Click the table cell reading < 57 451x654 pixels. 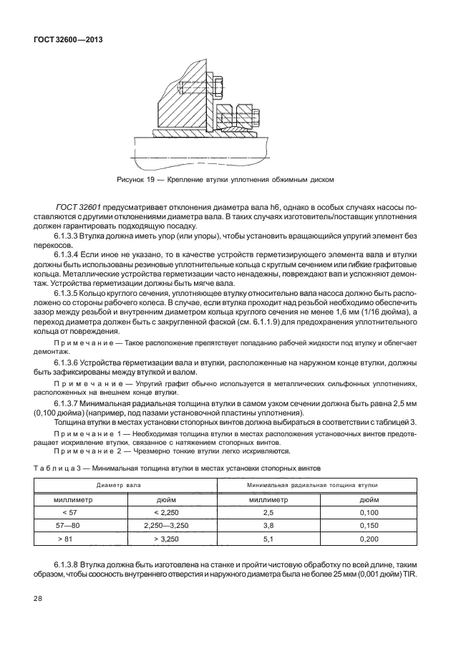pyautogui.click(x=69, y=513)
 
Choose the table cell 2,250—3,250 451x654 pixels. pyautogui.click(x=166, y=525)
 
